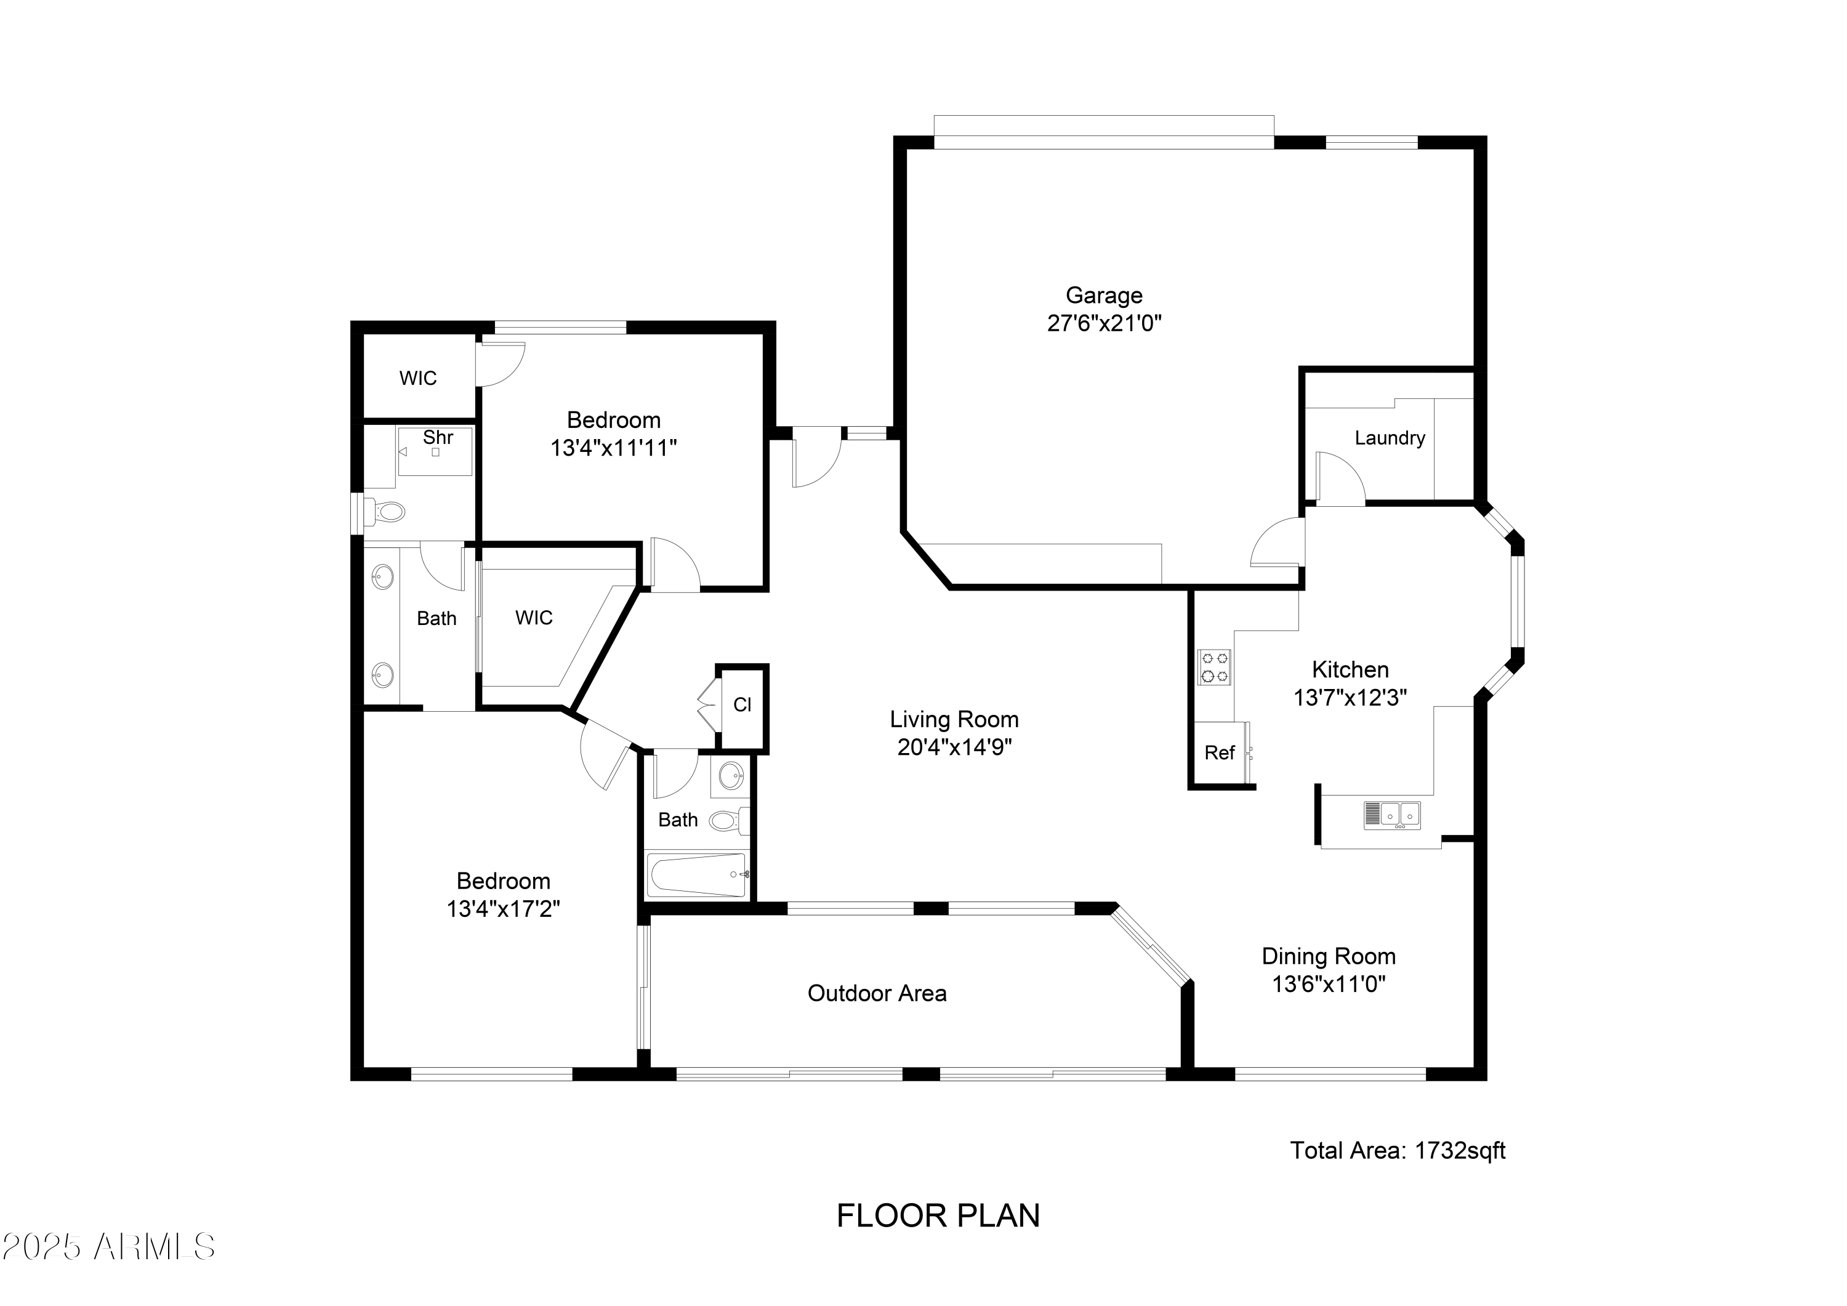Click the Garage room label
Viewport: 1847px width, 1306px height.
(1104, 296)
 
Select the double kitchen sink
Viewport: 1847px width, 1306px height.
(1391, 815)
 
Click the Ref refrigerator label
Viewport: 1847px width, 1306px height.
(1220, 752)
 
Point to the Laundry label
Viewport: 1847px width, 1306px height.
(1390, 438)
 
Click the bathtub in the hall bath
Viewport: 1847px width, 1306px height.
(698, 875)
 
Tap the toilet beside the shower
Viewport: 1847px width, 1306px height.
(385, 511)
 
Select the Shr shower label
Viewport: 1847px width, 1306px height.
(438, 437)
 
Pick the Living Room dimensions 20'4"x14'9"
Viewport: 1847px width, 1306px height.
(954, 748)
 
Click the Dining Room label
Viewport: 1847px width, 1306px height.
(1328, 956)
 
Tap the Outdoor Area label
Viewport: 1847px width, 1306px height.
(877, 993)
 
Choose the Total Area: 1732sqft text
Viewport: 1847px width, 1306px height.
(1398, 1151)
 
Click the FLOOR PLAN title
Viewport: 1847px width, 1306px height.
(938, 1216)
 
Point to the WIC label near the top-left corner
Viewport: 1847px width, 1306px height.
(418, 378)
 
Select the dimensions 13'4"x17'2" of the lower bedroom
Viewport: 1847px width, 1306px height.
(504, 908)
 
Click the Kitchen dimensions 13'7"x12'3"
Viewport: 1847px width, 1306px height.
(1350, 698)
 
